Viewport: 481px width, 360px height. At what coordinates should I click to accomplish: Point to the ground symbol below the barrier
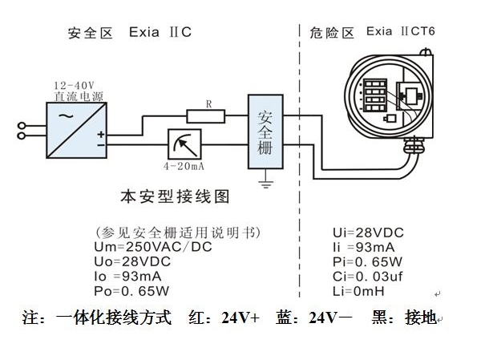[x=266, y=184]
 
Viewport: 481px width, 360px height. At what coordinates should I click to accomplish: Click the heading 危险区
[x=332, y=33]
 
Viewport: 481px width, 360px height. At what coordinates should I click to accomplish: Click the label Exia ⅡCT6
[x=405, y=33]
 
